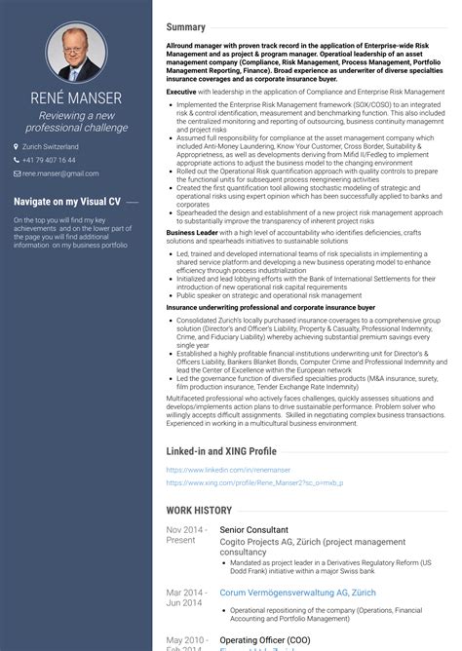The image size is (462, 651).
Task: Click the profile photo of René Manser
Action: click(x=76, y=51)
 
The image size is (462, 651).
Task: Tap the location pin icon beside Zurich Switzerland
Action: click(x=17, y=146)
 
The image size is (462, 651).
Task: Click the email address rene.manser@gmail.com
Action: click(x=60, y=172)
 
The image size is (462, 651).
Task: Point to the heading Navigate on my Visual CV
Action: click(x=67, y=201)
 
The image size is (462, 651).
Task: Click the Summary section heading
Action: click(x=185, y=27)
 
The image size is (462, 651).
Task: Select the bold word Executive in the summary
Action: click(x=182, y=91)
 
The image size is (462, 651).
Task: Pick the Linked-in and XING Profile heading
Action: click(x=221, y=452)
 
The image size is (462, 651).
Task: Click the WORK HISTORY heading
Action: click(x=199, y=510)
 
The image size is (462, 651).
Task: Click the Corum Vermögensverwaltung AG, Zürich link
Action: click(x=284, y=592)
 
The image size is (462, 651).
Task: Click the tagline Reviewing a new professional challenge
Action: click(x=76, y=120)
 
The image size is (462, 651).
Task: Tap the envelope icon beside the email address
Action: click(x=17, y=172)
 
